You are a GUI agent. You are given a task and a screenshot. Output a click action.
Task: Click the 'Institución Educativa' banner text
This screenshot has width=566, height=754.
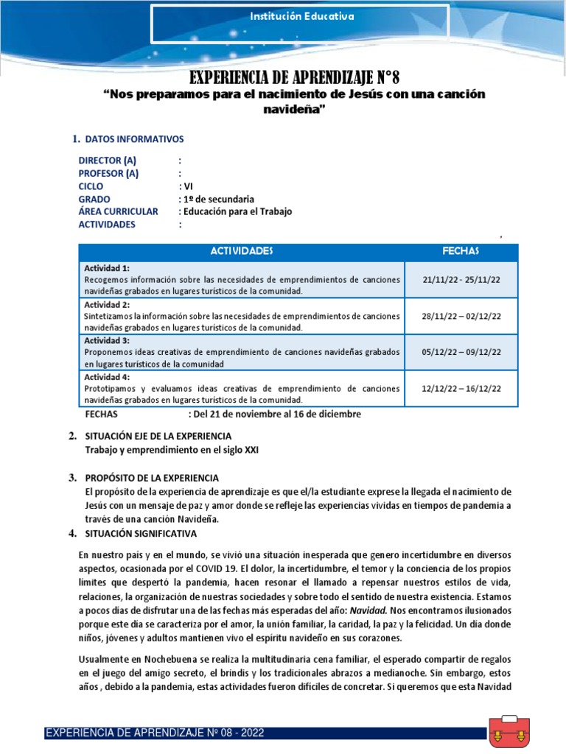[300, 15]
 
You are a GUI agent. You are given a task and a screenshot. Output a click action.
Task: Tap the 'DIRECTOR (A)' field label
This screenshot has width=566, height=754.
[108, 161]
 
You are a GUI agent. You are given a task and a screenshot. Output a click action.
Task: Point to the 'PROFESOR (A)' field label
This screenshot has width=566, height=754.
[108, 174]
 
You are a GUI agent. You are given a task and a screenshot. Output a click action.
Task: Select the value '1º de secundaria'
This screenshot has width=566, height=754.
[219, 199]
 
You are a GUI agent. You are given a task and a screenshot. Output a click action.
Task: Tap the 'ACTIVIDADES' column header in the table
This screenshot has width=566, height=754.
[241, 251]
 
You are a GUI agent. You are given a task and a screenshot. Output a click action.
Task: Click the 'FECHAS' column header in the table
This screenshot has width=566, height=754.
[461, 251]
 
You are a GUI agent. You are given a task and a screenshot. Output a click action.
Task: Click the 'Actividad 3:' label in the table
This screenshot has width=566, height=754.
[108, 340]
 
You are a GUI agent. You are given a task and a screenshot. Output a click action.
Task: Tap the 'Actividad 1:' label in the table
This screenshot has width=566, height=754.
[108, 267]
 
